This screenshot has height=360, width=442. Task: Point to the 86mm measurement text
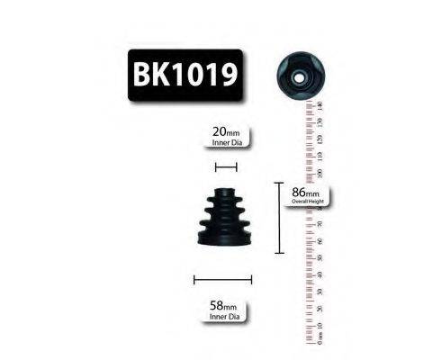305,193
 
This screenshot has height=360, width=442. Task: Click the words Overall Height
306,202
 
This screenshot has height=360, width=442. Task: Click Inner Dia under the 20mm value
225,141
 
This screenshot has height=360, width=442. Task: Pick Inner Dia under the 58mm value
224,318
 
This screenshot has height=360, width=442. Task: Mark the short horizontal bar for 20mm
225,166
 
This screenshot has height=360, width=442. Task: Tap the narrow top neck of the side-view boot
225,192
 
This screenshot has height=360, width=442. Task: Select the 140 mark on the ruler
321,105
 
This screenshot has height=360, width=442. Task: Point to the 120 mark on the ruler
321,139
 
